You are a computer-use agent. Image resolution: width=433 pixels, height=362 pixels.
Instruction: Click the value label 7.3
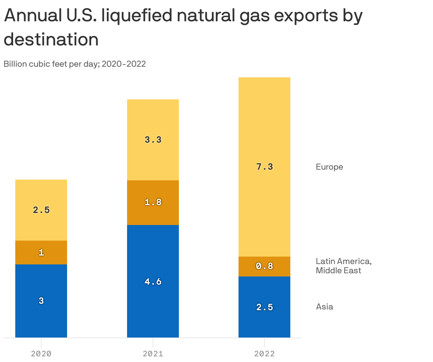click(x=264, y=167)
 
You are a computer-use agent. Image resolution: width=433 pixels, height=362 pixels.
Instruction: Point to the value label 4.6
click(x=153, y=282)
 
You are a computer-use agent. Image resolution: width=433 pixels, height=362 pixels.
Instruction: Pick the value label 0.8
click(x=264, y=266)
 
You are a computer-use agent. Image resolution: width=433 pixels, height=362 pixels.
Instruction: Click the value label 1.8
click(x=153, y=202)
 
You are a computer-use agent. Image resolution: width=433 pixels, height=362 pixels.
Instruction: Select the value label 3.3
click(x=153, y=140)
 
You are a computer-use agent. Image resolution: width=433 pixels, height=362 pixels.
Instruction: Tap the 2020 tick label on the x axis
click(x=41, y=354)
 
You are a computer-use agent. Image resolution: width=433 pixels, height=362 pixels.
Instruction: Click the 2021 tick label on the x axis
click(x=153, y=354)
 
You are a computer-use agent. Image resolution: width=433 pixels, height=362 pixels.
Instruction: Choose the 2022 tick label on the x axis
click(x=264, y=354)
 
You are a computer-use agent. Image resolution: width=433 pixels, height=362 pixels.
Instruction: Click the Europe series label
click(x=329, y=167)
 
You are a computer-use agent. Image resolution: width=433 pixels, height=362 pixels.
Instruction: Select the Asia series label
click(x=324, y=307)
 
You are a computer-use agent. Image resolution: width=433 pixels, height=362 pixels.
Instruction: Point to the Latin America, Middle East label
click(x=343, y=266)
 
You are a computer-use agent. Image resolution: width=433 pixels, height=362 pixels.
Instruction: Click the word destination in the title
click(x=51, y=39)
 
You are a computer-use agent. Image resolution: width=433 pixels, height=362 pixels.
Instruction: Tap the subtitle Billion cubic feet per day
click(x=75, y=64)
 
